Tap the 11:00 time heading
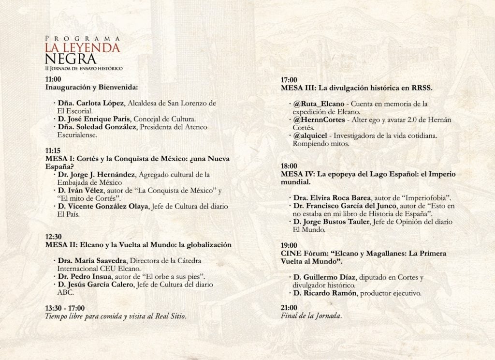coord(53,79)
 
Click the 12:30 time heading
coord(53,237)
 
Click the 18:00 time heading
coord(289,165)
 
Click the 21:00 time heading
coord(289,308)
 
